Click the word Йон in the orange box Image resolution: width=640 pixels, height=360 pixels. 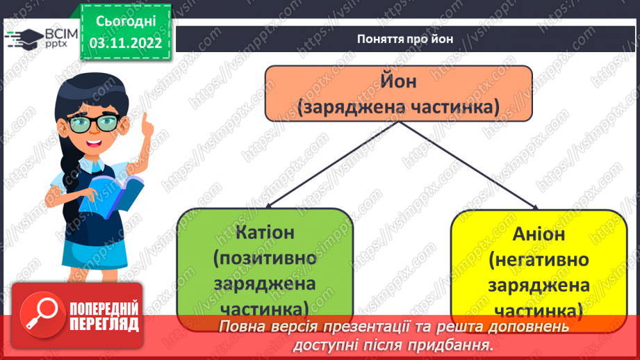pos(397,81)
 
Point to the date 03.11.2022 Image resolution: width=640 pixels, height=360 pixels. pos(125,43)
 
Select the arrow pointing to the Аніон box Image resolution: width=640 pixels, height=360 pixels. pos(533,204)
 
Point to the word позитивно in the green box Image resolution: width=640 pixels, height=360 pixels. pos(265,259)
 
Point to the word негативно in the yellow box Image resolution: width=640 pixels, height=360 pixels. pos(539,260)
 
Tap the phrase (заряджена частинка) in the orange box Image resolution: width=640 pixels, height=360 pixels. pos(397,107)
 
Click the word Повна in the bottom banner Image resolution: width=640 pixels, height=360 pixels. pos(243,327)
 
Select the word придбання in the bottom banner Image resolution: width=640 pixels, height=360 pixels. pos(457,344)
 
